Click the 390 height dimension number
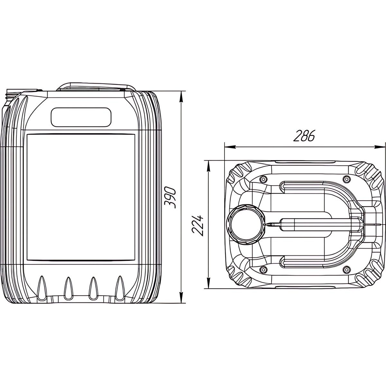coord(170,198)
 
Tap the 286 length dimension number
coord(304,136)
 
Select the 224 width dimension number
coord(198,226)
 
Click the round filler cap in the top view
coord(245,225)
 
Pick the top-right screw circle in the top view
coord(346,179)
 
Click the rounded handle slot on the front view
coord(81,117)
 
